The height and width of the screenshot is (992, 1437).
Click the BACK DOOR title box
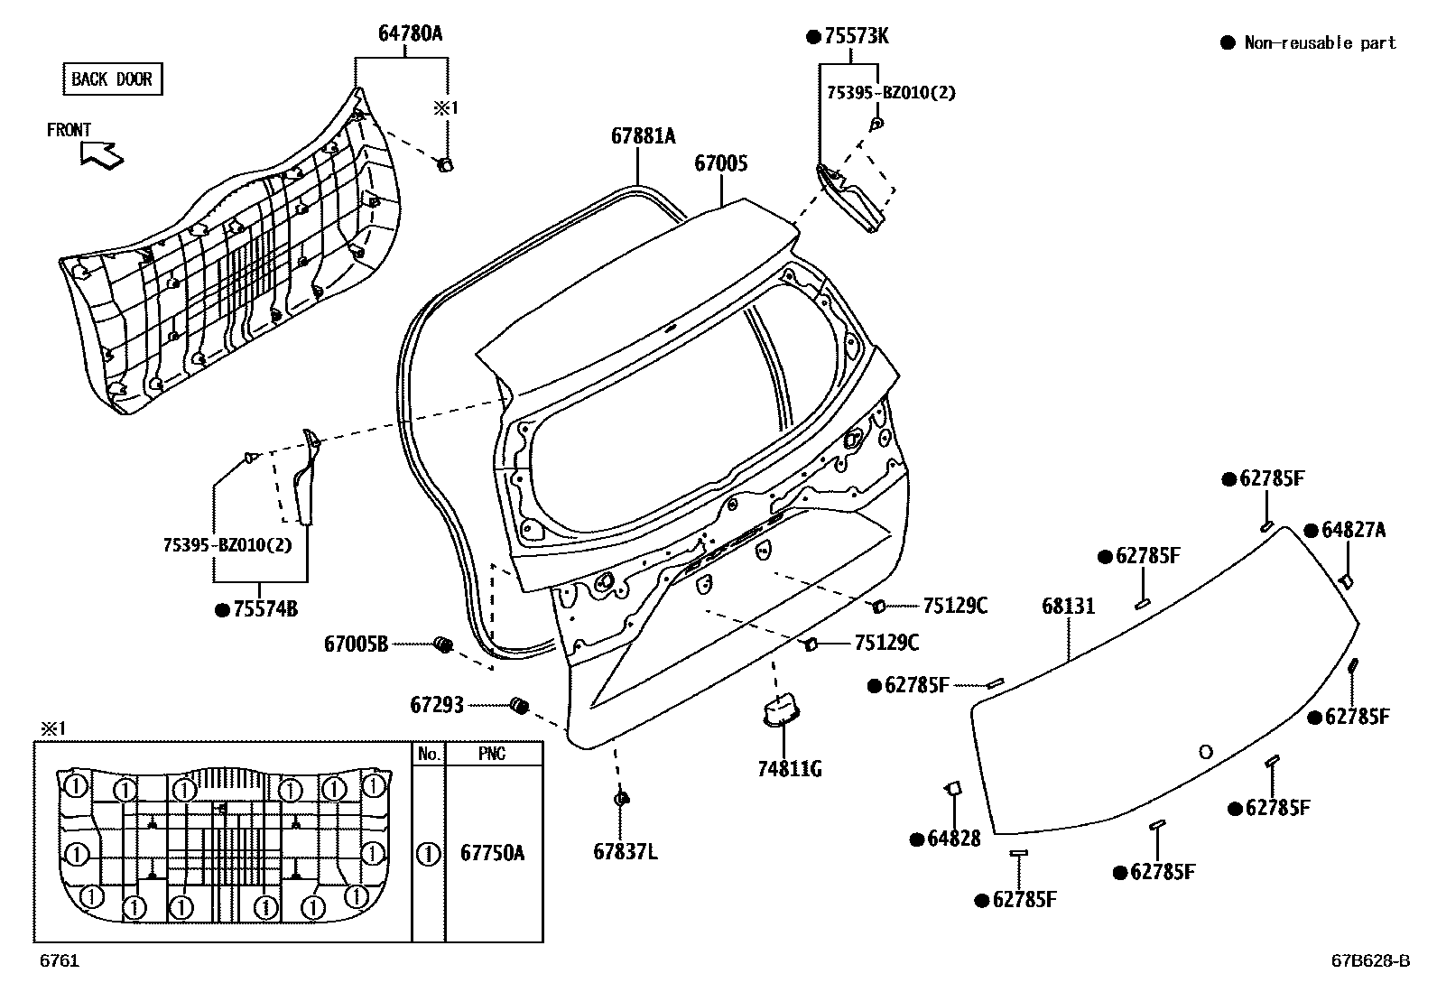pos(112,79)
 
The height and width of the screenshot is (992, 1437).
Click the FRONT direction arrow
pos(101,154)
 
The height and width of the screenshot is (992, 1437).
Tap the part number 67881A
pos(643,136)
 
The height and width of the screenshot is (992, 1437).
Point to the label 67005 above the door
pos(720,163)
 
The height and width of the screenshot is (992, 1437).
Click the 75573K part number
pos(854,37)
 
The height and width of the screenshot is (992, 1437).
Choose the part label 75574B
pos(264,609)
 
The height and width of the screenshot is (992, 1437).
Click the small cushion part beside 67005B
pos(444,644)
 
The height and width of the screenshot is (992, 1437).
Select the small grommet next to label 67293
pos(519,705)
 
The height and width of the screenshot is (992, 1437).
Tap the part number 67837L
pos(625,851)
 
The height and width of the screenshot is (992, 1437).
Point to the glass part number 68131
pos(1068,606)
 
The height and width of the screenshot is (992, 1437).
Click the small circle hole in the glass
pos(1205,751)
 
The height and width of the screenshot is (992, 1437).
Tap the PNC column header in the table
pos(494,754)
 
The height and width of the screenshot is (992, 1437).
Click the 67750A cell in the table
pos(493,853)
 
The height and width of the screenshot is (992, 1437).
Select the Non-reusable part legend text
pos(1319,42)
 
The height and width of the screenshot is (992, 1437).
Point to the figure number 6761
pos(60,960)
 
